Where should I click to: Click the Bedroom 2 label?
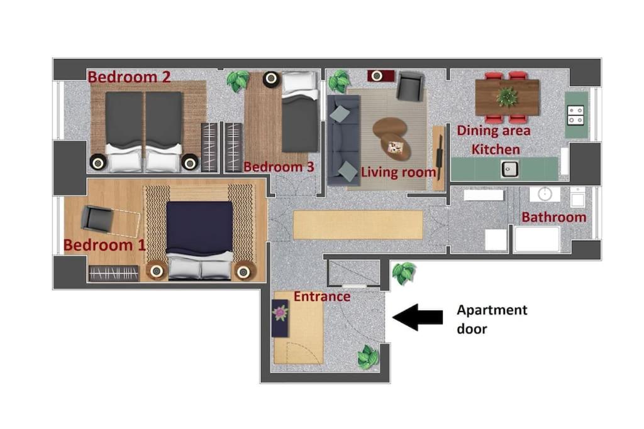(129, 77)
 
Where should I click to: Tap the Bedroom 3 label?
(279, 167)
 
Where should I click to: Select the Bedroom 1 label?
(105, 245)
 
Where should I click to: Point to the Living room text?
(398, 172)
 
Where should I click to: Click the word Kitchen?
(496, 149)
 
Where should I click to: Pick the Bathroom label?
(553, 217)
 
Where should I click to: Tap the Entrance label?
(322, 296)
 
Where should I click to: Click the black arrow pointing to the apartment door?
(418, 317)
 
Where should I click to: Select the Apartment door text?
(492, 319)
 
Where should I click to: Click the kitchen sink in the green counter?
(509, 169)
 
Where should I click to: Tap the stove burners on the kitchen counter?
(575, 115)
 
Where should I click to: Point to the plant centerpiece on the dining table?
(507, 97)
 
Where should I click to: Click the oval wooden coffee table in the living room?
(391, 139)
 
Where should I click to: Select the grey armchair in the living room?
(410, 85)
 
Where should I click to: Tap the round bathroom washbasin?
(545, 194)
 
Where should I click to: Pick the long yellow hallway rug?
(358, 224)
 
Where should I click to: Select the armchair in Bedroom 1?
(97, 218)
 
